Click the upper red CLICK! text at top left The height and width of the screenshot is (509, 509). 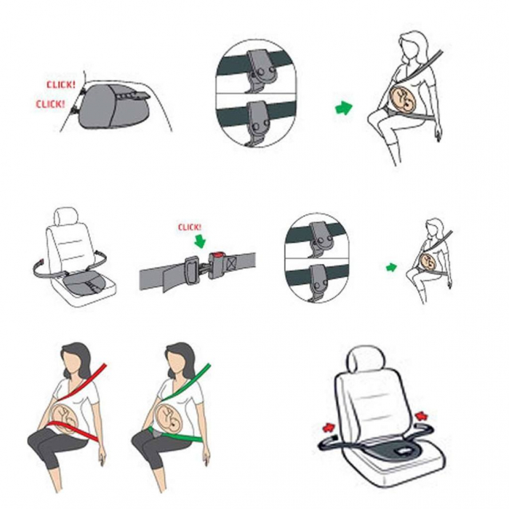point(60,84)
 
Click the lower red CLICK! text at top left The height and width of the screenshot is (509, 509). point(51,104)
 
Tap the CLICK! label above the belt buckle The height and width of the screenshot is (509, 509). point(191,227)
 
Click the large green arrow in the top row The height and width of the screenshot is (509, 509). point(343,108)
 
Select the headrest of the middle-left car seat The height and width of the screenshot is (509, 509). point(66,217)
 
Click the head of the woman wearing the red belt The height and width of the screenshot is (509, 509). point(74,360)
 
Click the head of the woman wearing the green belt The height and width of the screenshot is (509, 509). point(178,360)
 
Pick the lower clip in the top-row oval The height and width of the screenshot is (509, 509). point(259,121)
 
